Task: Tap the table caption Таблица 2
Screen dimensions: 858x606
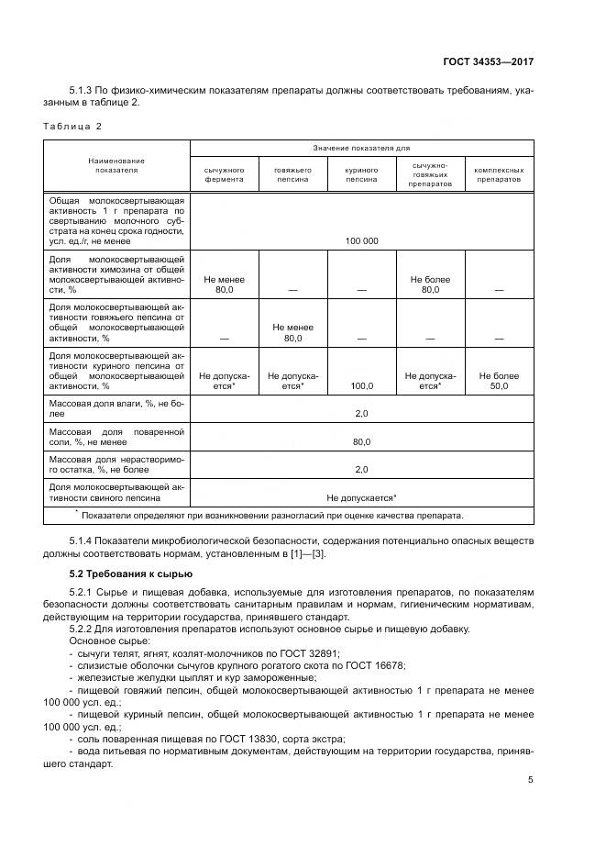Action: coord(72,125)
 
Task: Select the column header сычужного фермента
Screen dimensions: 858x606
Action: coord(224,175)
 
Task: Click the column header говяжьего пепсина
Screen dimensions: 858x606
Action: coord(292,175)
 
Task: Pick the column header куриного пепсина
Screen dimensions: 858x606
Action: coord(361,175)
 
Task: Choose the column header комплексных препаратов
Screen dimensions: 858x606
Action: coord(499,175)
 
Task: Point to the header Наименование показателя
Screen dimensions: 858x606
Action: coord(116,165)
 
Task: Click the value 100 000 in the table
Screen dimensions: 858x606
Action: coord(361,240)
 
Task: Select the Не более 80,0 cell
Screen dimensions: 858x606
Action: coord(430,284)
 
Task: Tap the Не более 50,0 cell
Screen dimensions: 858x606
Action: coord(499,381)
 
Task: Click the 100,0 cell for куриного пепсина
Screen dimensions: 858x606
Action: coord(361,386)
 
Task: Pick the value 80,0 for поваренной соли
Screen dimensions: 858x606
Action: coord(361,441)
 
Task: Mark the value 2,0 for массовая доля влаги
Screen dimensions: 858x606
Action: coord(361,414)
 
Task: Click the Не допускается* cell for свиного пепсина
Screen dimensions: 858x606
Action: coord(361,496)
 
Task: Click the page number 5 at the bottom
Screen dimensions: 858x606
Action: coord(530,780)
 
